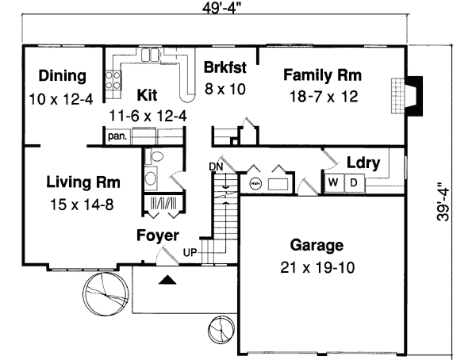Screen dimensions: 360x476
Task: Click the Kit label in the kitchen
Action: [147, 95]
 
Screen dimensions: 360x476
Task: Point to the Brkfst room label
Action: [226, 67]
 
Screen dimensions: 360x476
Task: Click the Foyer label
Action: [157, 236]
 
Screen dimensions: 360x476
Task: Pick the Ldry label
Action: [364, 164]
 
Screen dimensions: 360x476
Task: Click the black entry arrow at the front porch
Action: [166, 279]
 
